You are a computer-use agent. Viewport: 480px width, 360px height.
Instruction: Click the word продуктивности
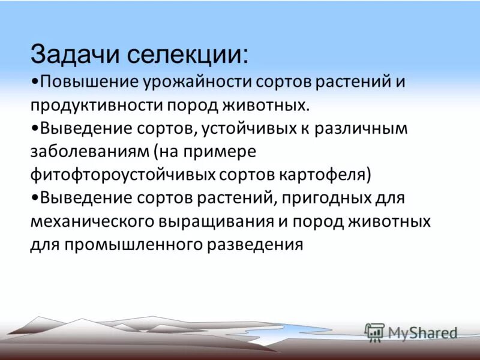pyautogui.click(x=96, y=105)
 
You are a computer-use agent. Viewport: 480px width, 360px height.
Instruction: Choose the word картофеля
pyautogui.click(x=325, y=175)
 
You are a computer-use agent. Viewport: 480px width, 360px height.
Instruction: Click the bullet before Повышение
pyautogui.click(x=33, y=82)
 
